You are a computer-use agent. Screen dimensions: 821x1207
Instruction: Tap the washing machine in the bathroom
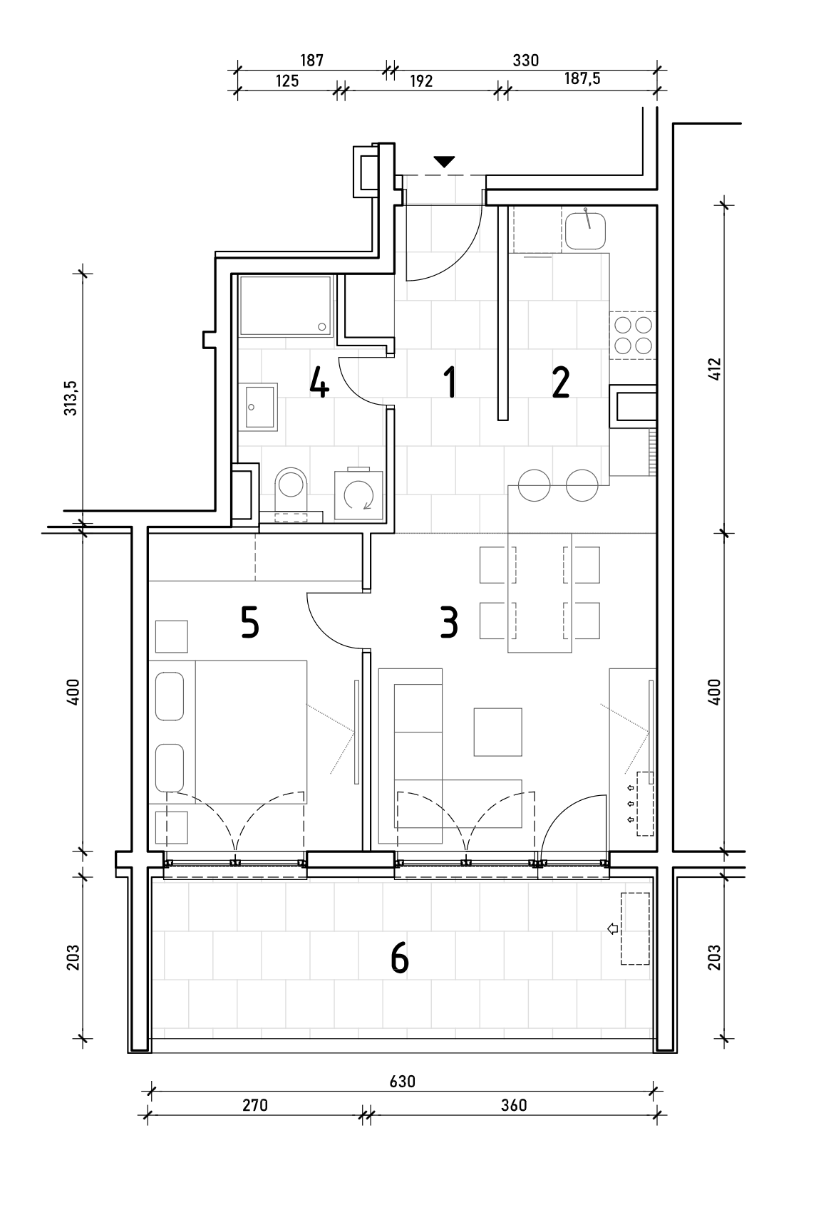coord(358,494)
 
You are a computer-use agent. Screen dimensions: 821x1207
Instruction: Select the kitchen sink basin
coord(585,230)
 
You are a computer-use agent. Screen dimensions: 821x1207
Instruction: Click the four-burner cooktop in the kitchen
coord(633,336)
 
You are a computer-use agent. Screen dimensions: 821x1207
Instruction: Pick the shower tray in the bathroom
coord(285,306)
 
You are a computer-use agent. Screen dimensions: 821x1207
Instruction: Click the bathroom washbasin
coord(259,407)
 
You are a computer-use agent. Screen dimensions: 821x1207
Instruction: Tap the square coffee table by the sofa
coord(497,732)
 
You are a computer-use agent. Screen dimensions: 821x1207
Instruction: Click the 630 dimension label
coord(402,1081)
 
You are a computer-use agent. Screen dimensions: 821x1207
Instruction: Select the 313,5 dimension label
coord(71,398)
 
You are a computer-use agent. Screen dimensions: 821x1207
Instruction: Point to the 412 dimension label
coord(714,369)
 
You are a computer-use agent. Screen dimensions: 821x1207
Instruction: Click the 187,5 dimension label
coord(582,78)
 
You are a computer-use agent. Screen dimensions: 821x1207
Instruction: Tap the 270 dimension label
coord(255,1105)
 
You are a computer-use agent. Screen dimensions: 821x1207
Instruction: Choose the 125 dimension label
coord(286,81)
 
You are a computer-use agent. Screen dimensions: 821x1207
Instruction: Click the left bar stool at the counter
coord(534,485)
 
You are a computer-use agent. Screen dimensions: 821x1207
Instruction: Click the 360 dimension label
coord(513,1105)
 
